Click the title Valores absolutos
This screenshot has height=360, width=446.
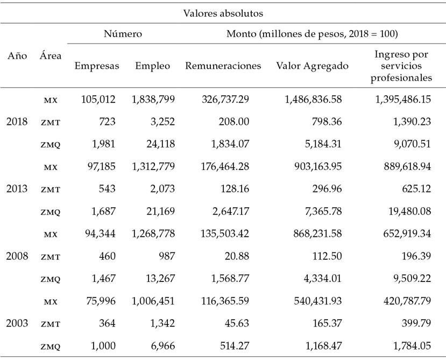tap(223, 12)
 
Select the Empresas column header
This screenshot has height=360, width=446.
tap(97, 66)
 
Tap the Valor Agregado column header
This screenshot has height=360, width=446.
tap(312, 66)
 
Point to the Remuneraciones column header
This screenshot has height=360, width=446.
tap(223, 66)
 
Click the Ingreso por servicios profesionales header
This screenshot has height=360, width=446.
tap(403, 66)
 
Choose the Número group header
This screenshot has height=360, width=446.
tap(123, 34)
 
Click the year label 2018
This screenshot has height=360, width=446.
tap(17, 122)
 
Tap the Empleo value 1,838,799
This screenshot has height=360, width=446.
tap(153, 100)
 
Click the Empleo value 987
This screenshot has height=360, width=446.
tap(164, 256)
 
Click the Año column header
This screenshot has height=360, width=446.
tap(17, 55)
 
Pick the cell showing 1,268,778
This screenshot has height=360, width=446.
tap(153, 234)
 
